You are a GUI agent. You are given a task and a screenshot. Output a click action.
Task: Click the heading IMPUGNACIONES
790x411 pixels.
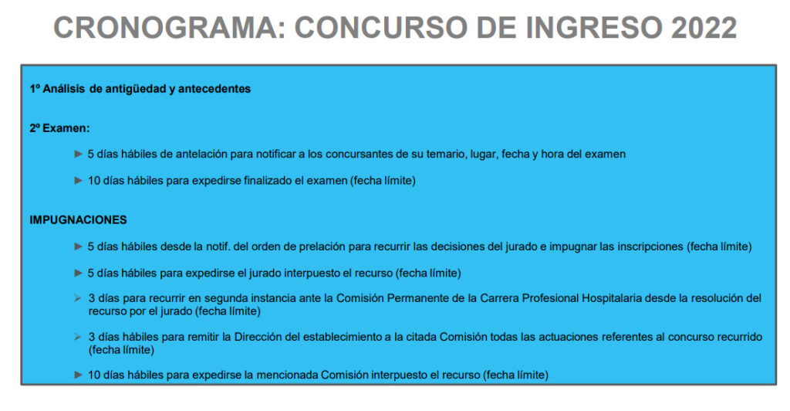coord(78,220)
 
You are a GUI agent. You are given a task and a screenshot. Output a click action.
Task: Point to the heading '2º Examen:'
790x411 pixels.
coord(59,128)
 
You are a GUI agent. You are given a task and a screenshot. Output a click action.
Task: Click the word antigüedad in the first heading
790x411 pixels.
coord(136,90)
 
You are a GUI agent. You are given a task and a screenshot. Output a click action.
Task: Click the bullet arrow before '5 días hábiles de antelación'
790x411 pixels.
coord(78,154)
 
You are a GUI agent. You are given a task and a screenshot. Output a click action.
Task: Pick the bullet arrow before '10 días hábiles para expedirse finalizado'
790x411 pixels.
coord(78,180)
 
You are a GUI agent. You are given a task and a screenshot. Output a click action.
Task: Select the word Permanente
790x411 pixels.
coord(421,298)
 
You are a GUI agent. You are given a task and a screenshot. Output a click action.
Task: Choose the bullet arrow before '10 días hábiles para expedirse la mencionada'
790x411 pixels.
coord(78,375)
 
